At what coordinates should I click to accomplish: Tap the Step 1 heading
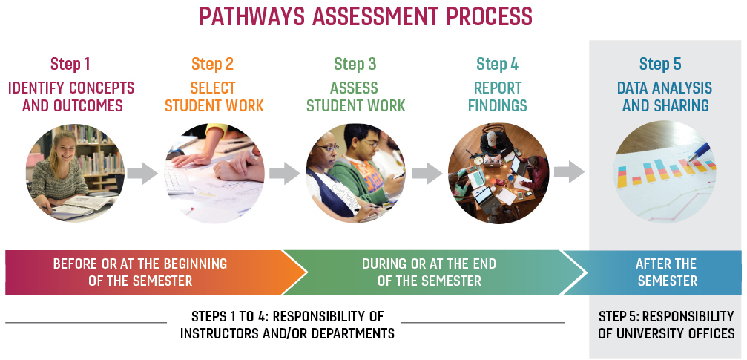point(70,64)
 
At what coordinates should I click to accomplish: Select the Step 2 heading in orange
point(212,64)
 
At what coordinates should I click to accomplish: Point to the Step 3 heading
point(355,64)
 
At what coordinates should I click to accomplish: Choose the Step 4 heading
point(497,64)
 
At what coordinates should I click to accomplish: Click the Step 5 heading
point(660,64)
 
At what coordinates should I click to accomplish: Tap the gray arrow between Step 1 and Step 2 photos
point(142,173)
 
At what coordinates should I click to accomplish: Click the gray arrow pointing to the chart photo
point(569,171)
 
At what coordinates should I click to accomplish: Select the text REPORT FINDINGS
point(497,96)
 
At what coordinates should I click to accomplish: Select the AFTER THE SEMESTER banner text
point(667,272)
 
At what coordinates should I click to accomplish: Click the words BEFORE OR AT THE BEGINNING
point(140,264)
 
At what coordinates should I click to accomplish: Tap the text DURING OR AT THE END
point(429,264)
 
